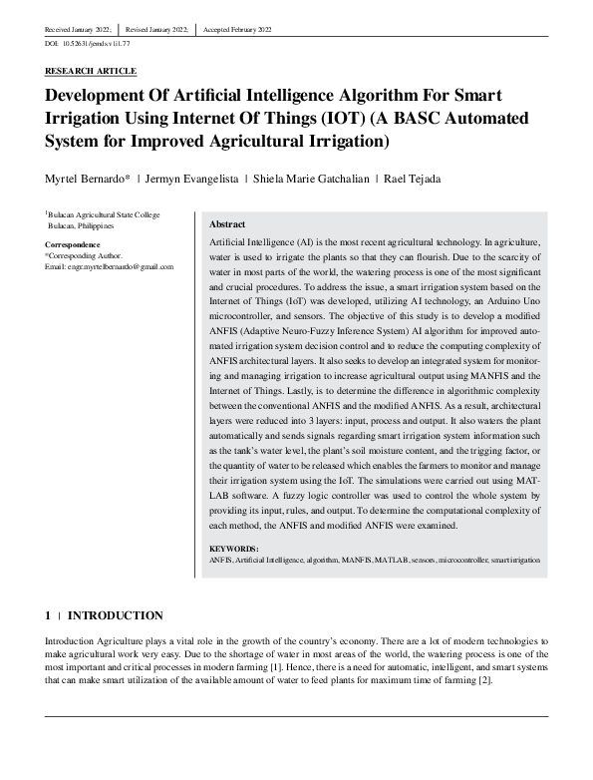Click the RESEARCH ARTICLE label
[91, 72]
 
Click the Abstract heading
[228, 224]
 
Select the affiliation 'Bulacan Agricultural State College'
[103, 214]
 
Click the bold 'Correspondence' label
[72, 244]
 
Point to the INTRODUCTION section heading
[115, 615]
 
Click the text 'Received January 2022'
[78, 31]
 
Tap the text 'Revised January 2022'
[156, 31]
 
